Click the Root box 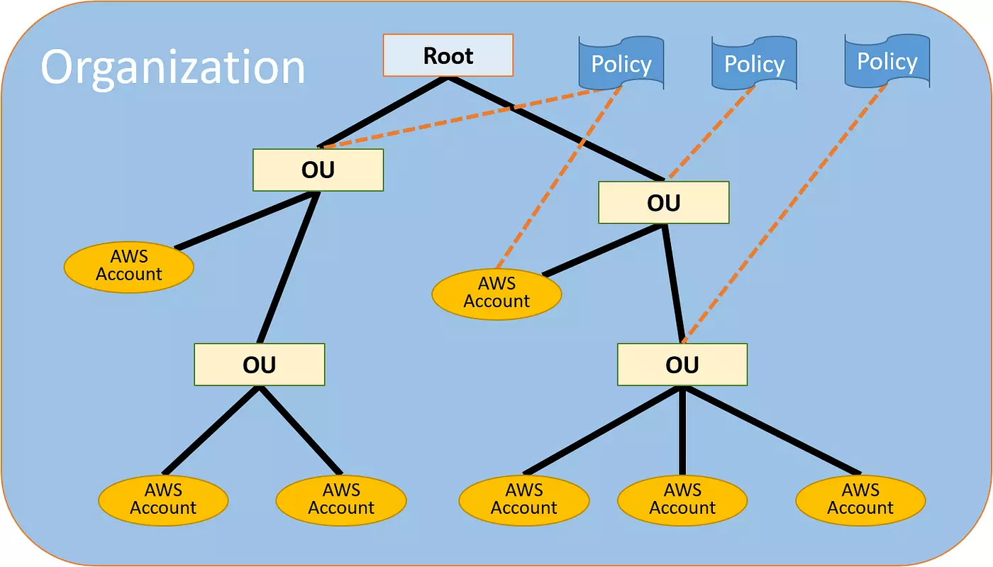click(x=448, y=55)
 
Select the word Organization click(x=172, y=67)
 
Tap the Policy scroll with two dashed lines click(x=621, y=64)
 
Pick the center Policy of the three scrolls click(x=754, y=64)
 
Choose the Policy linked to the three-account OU click(x=887, y=62)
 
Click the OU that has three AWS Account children click(x=682, y=365)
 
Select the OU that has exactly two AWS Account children click(x=259, y=365)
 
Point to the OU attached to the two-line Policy click(x=318, y=170)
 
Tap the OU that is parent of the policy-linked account click(x=663, y=203)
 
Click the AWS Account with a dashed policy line click(x=496, y=292)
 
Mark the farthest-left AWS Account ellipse click(x=128, y=265)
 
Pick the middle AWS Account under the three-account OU click(x=682, y=499)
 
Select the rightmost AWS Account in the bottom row click(x=860, y=499)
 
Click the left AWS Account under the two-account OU click(x=163, y=499)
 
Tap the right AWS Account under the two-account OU click(x=340, y=499)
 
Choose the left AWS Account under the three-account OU click(x=524, y=499)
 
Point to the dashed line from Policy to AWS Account click(x=560, y=177)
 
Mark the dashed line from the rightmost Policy click(x=787, y=213)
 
